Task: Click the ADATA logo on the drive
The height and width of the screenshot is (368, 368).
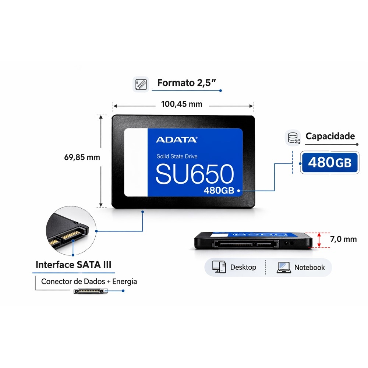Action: coord(177,140)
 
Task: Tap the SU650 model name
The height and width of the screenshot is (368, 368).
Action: coord(195,174)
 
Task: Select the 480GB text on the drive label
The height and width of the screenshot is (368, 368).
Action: coord(219,190)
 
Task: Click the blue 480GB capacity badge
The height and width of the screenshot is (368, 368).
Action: coord(329,162)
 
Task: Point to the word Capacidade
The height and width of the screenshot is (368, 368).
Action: coord(330,136)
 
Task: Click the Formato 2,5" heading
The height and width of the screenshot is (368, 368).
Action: coord(186,83)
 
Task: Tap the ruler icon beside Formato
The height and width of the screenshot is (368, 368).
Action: coord(141,84)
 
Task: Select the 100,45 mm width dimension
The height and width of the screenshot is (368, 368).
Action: coord(182,104)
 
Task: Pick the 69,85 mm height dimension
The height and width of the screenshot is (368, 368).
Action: coord(82,157)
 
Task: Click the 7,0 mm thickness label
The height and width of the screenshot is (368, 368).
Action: coord(343,239)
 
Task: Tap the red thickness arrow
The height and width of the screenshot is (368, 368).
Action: coord(319,240)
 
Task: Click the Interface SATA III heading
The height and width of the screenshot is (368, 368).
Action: coord(74,265)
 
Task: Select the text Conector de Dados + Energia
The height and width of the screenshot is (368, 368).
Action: coord(89,282)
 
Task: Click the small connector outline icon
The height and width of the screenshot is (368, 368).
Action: coord(91,291)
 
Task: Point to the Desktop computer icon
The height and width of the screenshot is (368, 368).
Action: coord(219,267)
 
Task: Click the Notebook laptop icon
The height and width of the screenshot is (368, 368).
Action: coord(284,268)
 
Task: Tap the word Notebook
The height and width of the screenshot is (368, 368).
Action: coord(309,267)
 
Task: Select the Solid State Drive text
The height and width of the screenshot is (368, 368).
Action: coord(177,156)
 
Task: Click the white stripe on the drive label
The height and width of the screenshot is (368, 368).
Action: coord(136,162)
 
